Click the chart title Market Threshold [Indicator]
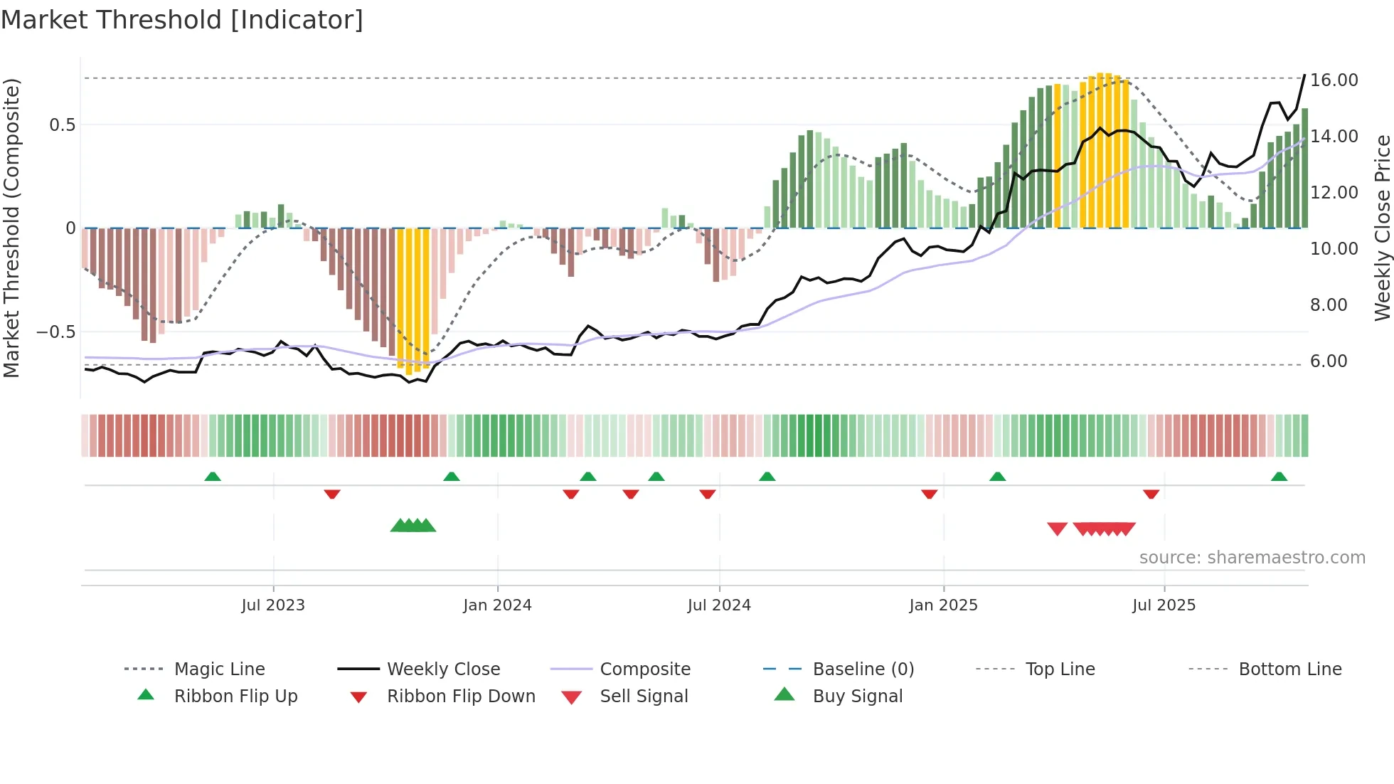[x=182, y=20]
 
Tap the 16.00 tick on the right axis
[x=1334, y=80]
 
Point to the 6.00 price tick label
[x=1329, y=361]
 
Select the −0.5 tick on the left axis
[x=55, y=332]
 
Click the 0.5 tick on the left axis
[x=62, y=125]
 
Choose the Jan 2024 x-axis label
[x=497, y=605]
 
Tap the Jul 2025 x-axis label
[x=1164, y=605]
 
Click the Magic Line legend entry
[x=219, y=669]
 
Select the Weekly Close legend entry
[x=443, y=669]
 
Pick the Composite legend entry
[x=644, y=669]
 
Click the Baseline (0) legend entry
[x=863, y=669]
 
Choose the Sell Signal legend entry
[x=644, y=696]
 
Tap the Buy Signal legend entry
[x=857, y=696]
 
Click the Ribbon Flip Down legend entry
[x=460, y=696]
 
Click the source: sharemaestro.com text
[x=1252, y=558]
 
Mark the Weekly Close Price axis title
[x=1382, y=228]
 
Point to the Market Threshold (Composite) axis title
[x=11, y=228]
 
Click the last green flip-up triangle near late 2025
[x=1279, y=477]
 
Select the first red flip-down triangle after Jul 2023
[x=332, y=494]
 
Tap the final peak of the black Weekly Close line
[x=1304, y=75]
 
